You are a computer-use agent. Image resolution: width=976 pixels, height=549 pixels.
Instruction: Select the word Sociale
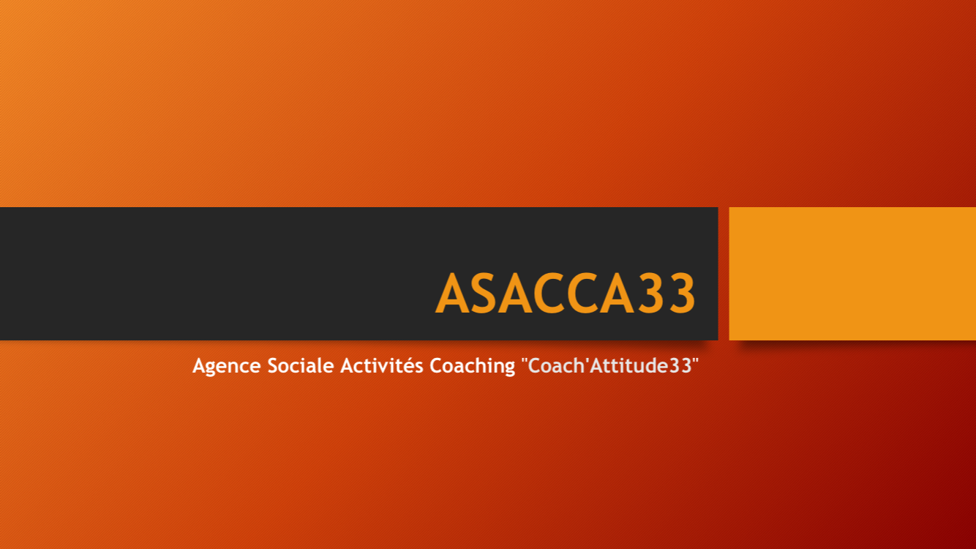pos(301,365)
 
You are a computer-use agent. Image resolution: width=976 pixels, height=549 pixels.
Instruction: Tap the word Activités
pos(382,365)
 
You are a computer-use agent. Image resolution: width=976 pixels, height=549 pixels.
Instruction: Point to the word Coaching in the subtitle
pos(473,366)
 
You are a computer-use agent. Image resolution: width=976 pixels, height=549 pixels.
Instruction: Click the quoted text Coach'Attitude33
pos(610,365)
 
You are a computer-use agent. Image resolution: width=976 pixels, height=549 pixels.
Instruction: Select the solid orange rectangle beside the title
pos(852,274)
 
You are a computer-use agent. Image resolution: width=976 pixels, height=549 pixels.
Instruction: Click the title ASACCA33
pos(565,293)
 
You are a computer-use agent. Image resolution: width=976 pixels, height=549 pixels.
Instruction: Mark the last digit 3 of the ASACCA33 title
pos(682,293)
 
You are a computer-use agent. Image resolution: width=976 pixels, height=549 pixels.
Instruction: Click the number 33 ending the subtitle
pos(680,366)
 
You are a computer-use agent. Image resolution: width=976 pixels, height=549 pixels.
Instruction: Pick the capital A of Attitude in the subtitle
pos(596,366)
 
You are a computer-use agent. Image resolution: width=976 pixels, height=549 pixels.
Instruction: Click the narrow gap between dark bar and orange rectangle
pos(724,274)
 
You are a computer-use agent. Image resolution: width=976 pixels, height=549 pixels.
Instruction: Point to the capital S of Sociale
pos(273,366)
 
